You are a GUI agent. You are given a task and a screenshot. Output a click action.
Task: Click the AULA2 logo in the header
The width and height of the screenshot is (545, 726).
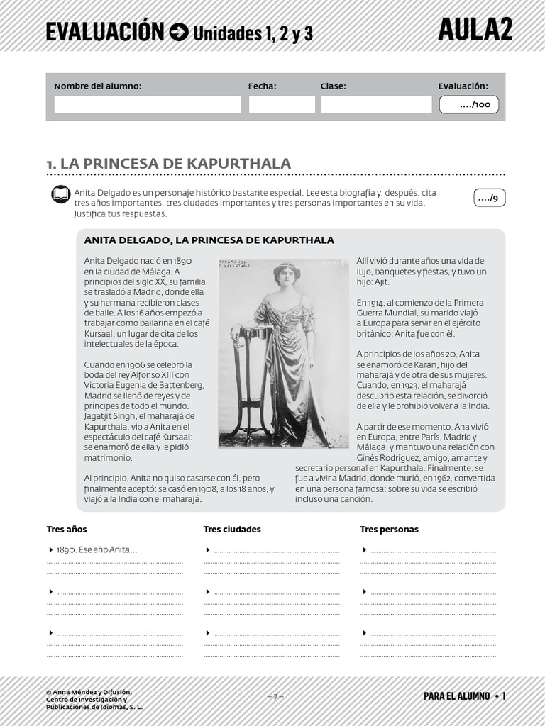click(x=475, y=29)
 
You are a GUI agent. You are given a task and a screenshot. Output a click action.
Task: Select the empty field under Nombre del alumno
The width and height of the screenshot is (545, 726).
click(x=147, y=105)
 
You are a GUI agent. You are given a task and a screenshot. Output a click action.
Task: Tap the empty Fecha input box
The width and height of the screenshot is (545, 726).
click(x=281, y=105)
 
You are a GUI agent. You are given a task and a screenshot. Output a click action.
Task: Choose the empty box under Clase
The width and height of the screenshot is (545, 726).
click(x=375, y=105)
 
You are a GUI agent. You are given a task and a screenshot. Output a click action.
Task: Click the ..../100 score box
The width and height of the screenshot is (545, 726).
click(x=468, y=105)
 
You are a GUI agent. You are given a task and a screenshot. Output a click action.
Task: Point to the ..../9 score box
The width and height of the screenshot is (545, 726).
click(x=489, y=199)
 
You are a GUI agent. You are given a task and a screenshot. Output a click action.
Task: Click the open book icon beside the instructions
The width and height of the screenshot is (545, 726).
click(x=61, y=196)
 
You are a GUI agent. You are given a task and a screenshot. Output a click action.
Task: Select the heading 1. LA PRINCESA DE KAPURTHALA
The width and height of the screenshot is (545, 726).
click(x=169, y=164)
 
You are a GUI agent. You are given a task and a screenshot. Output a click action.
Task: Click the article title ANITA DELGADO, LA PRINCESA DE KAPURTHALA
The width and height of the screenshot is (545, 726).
click(x=209, y=240)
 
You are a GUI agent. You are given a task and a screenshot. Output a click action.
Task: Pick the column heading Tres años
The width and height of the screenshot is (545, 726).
click(x=67, y=529)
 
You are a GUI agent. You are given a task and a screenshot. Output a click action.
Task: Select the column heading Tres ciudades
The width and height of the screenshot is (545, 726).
click(x=232, y=529)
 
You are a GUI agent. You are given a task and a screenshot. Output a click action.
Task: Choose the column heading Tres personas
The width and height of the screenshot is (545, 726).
click(x=389, y=529)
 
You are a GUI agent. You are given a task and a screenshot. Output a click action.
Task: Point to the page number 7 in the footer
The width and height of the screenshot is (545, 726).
click(x=277, y=696)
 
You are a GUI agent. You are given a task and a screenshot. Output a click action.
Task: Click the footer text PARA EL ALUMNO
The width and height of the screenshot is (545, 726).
click(x=456, y=696)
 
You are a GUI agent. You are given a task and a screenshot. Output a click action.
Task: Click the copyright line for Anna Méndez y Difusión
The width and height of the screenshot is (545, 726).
click(x=88, y=692)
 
